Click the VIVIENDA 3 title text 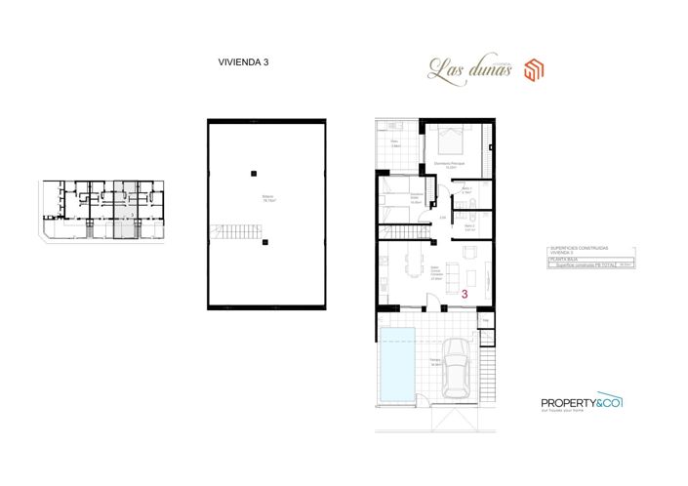pos(243,61)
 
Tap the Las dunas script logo pos(469,67)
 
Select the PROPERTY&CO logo pos(581,402)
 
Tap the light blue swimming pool pos(397,367)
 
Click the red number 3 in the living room pos(465,291)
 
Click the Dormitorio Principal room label pos(450,163)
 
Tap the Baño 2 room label pos(469,226)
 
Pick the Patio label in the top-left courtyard pos(395,144)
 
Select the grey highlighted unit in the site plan pos(122,209)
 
